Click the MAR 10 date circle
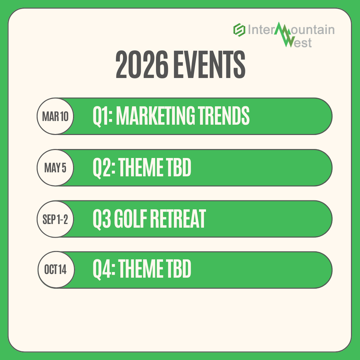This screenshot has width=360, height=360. (x=55, y=116)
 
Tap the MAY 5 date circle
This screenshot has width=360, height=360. (x=55, y=168)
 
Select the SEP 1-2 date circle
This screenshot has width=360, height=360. (x=55, y=219)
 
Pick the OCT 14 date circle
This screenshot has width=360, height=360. (x=55, y=270)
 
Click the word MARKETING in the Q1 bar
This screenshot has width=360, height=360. (x=155, y=116)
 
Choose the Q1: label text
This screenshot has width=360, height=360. (x=102, y=116)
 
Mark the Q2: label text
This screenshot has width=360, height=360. (x=104, y=167)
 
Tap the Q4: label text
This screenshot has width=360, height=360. (x=104, y=270)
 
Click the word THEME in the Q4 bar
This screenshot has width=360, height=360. (x=140, y=270)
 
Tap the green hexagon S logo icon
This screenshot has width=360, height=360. (x=239, y=30)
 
